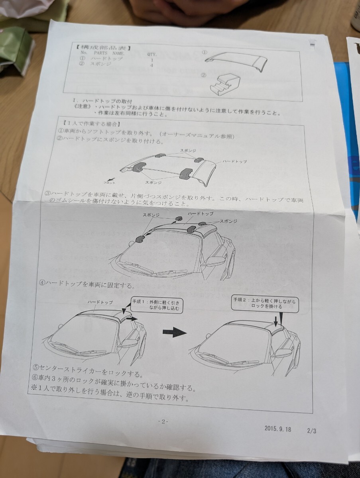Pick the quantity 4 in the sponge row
coord(151,65)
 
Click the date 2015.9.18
coord(277,429)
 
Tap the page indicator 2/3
coord(311,430)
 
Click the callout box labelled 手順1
coord(156,305)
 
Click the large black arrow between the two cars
coord(175,333)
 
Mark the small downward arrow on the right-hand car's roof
coord(276,321)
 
